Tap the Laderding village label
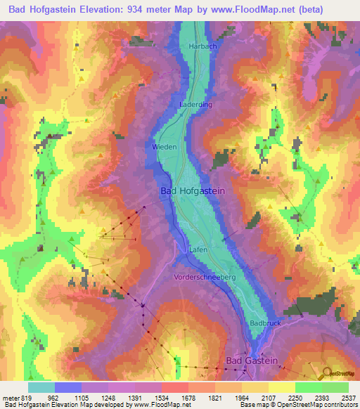tap(196, 103)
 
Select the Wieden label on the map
tap(165, 147)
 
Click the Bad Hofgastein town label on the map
tap(193, 190)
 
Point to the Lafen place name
tap(198, 249)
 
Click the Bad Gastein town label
tap(252, 361)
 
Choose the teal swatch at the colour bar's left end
tap(41, 387)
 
